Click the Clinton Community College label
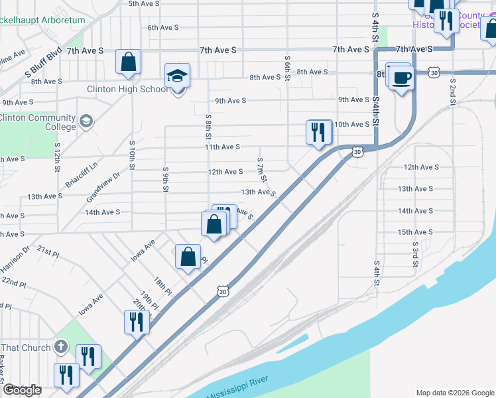(x=38, y=122)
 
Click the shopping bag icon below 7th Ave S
(x=128, y=62)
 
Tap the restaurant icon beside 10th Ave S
(x=319, y=132)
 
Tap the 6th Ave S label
(x=163, y=27)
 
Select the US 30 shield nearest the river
(x=223, y=291)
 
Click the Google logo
(x=21, y=390)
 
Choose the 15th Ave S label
(x=414, y=232)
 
